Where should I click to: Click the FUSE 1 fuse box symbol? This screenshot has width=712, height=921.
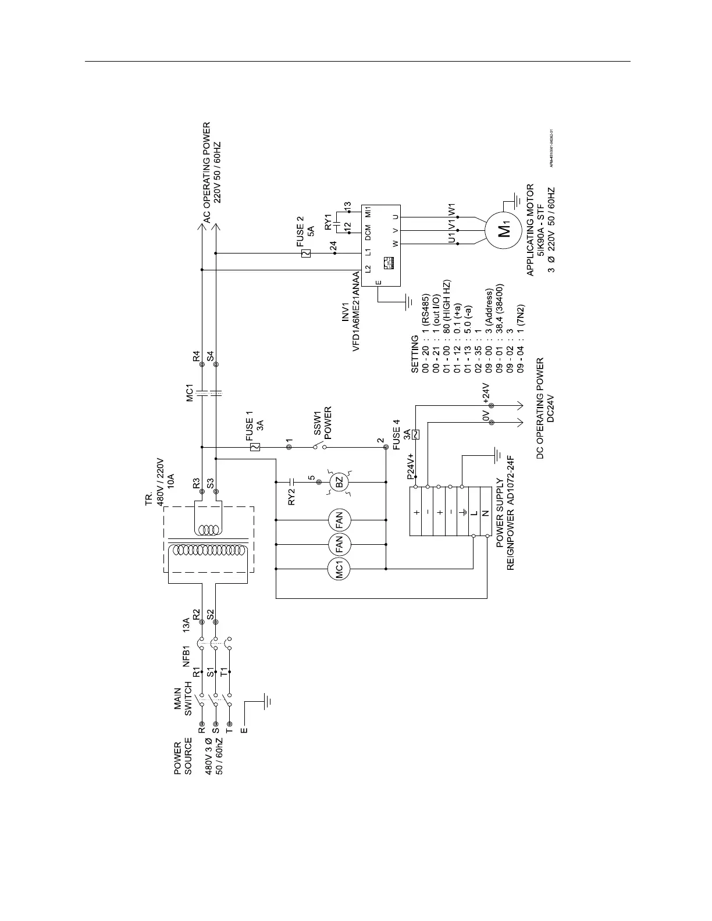tap(254, 447)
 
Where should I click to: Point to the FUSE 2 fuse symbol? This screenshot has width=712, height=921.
tap(307, 253)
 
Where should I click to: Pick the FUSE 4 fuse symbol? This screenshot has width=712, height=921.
tap(416, 434)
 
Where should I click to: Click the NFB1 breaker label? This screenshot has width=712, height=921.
tap(187, 655)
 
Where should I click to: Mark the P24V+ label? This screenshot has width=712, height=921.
tap(410, 466)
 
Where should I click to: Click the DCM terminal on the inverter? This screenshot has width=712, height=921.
tap(368, 231)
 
